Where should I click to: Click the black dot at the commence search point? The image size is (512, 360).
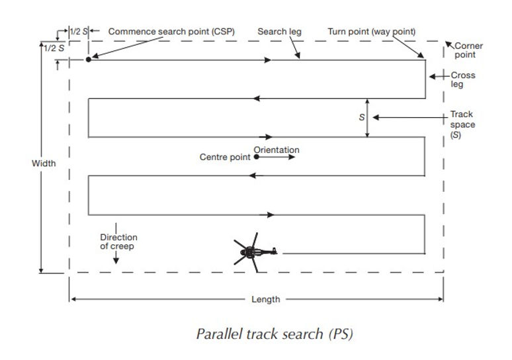pos(88,60)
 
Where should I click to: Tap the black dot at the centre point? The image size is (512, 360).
pos(255,157)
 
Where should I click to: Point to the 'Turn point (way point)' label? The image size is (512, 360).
pos(371,32)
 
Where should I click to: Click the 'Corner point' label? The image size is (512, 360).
pos(469,50)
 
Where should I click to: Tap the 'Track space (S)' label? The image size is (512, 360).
pos(462,124)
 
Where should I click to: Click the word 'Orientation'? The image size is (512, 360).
pos(277,150)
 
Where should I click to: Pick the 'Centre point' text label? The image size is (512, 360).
pos(225,157)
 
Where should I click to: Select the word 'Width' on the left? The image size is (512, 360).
pos(44,163)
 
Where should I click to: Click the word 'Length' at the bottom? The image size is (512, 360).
pos(265,299)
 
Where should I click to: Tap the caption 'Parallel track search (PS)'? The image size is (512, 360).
pos(275,334)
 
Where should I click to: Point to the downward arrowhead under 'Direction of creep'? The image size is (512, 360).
pos(116,259)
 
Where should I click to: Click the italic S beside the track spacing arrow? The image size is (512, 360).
pos(362,117)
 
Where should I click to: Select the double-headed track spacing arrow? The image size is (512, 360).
pos(368,118)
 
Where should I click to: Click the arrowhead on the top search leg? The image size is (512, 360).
pos(267,60)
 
